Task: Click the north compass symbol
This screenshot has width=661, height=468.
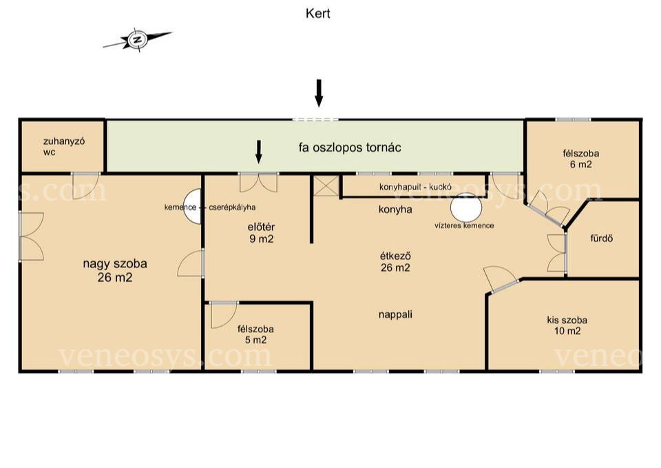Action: point(137,40)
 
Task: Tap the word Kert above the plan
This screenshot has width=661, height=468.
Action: point(318,14)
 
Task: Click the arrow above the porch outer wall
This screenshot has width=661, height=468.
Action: point(319,93)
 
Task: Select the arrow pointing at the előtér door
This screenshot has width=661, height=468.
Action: point(259,152)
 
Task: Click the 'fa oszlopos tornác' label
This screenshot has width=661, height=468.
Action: point(350,147)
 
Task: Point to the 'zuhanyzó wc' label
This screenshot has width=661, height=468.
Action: point(63,146)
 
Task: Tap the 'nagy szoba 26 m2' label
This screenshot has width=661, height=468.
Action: point(115,270)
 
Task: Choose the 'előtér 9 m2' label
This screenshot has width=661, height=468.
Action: point(262,233)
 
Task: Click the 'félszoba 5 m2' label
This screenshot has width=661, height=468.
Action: point(256,334)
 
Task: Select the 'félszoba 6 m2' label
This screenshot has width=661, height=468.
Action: point(581,159)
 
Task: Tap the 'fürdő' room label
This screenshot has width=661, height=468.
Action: point(601,238)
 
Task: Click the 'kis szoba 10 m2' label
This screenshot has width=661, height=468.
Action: point(567,325)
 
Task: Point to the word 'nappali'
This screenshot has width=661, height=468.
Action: point(395,314)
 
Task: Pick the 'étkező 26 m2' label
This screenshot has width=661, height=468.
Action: point(395,262)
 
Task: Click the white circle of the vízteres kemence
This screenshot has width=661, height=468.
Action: point(466,207)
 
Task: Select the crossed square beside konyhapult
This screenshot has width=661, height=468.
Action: point(326,186)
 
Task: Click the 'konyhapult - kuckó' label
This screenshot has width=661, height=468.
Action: point(415,187)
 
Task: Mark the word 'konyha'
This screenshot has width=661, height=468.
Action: point(395,210)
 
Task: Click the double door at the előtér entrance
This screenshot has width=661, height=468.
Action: point(258,182)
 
